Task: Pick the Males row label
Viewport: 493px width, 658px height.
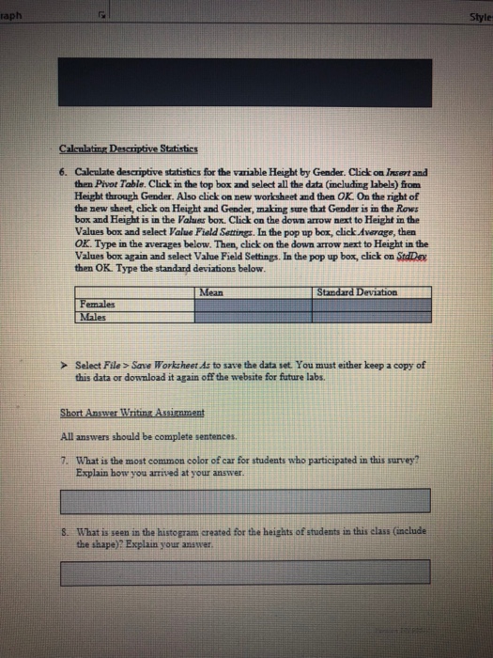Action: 92,318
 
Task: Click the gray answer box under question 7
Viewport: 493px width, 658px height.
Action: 246,499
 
